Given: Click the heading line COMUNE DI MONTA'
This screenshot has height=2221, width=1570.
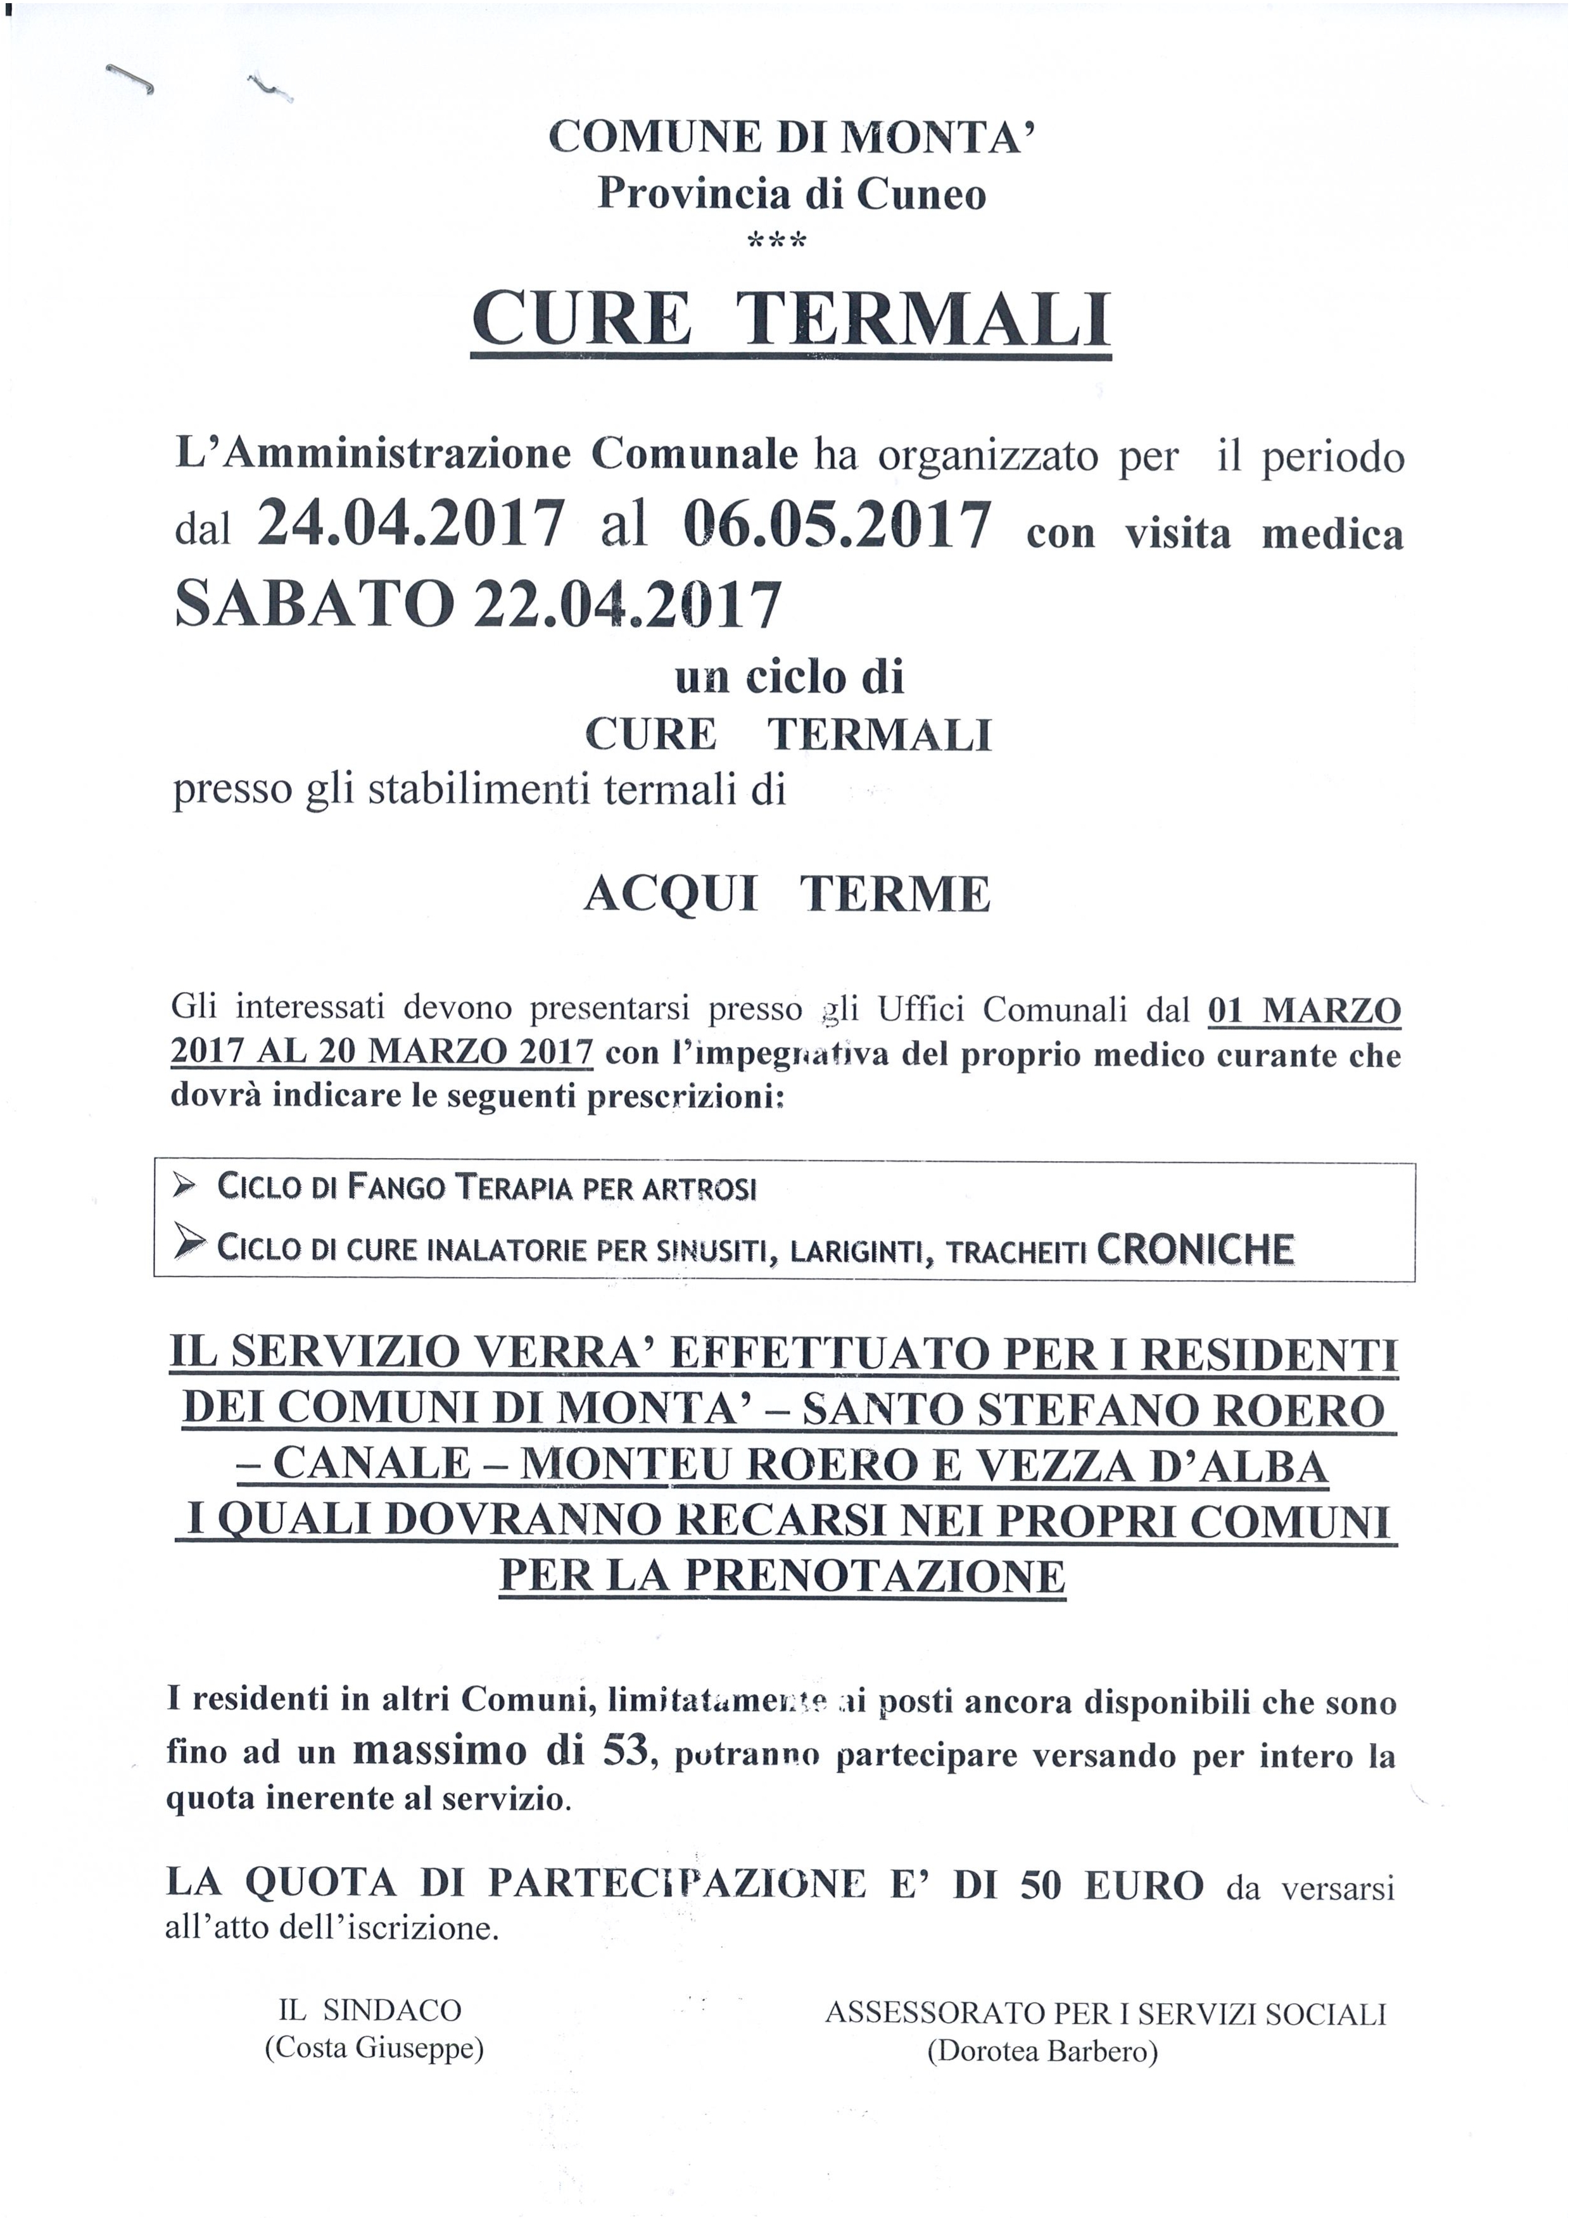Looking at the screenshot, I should click(x=791, y=138).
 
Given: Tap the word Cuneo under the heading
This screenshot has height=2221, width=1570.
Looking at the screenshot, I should click(x=922, y=194).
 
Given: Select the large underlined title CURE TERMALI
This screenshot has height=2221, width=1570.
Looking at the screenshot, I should click(x=790, y=320).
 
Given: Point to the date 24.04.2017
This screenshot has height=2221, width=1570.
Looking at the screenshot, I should click(x=410, y=526).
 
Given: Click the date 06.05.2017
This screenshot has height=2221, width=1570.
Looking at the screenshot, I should click(x=836, y=526).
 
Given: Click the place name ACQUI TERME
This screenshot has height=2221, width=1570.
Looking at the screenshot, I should click(x=787, y=894).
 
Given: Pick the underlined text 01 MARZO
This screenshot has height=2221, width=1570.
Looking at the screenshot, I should click(x=1304, y=1011).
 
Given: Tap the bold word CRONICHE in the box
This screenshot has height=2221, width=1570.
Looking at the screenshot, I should click(x=1196, y=1249).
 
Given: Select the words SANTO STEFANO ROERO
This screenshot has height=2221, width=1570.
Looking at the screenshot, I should click(x=1093, y=1411).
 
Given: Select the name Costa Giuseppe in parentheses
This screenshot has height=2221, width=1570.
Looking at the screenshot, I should click(x=374, y=2048).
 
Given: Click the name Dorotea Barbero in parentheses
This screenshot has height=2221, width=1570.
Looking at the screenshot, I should click(x=1042, y=2051).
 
